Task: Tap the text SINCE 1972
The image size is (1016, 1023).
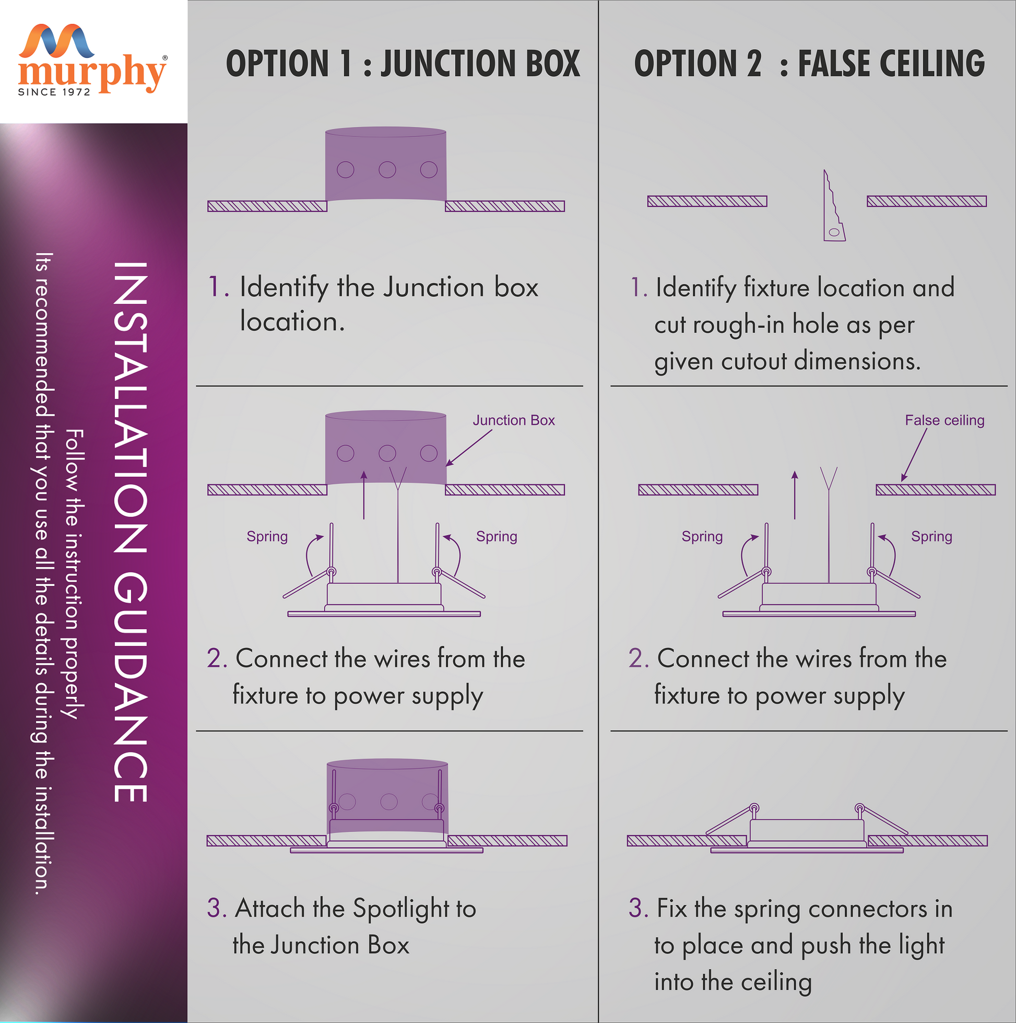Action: click(x=54, y=92)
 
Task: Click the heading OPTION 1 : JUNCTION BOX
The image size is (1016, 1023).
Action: click(x=403, y=64)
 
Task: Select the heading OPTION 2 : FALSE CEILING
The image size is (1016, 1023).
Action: click(x=810, y=64)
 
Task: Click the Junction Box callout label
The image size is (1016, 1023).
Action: click(x=514, y=420)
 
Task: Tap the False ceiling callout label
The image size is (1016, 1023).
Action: click(x=944, y=420)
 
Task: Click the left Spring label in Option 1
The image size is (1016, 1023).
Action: click(x=267, y=537)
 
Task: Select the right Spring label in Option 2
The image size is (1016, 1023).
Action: click(x=931, y=537)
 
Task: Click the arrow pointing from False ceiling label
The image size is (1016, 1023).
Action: click(x=914, y=454)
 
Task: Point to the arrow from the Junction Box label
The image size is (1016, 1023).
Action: click(x=469, y=448)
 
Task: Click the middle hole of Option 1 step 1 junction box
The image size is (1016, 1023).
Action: click(x=387, y=170)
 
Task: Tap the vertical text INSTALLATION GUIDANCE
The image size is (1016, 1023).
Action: click(x=129, y=532)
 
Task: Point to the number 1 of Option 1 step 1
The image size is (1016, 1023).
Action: click(x=214, y=287)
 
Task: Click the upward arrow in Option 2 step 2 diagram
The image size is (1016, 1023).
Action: click(x=794, y=495)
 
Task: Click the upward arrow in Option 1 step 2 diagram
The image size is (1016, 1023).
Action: click(x=364, y=495)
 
